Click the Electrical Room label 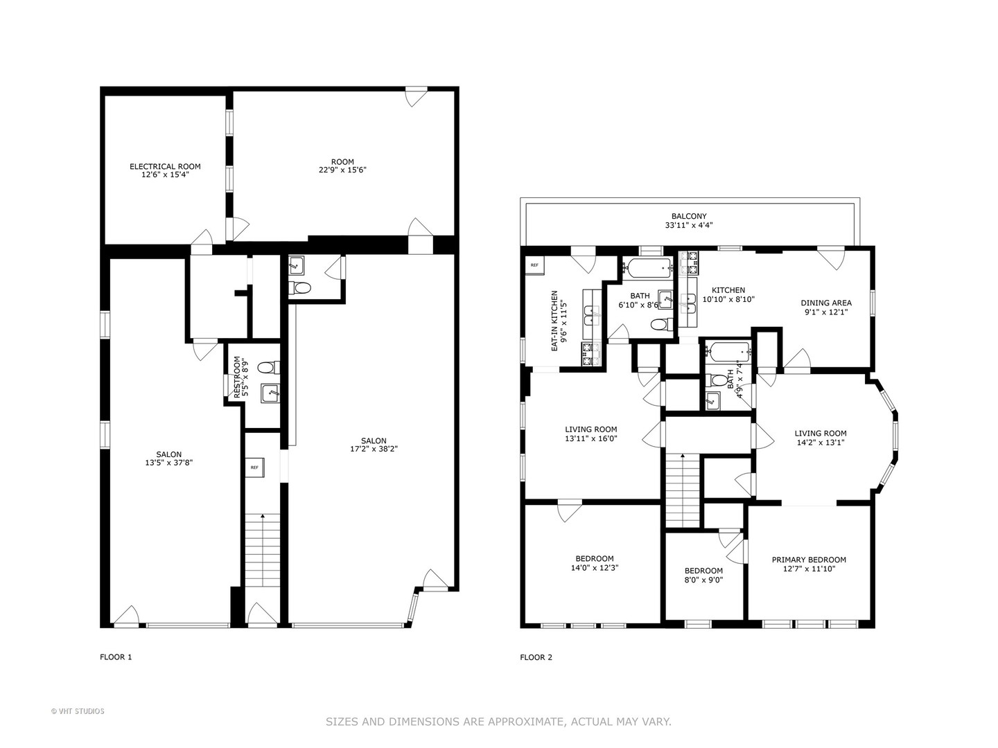[x=165, y=167]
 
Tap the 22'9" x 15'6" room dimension [x=342, y=170]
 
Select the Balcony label [x=690, y=217]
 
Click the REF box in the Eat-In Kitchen [x=534, y=265]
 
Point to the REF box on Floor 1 [x=255, y=467]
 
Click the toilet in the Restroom [x=269, y=367]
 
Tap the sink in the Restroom [x=270, y=393]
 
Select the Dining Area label [x=826, y=303]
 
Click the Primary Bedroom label [x=809, y=560]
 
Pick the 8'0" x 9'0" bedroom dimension [x=704, y=580]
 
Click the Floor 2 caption [x=536, y=657]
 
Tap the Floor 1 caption [x=116, y=657]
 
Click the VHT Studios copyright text [x=78, y=711]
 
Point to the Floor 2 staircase [x=683, y=491]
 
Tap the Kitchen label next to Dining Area [x=728, y=290]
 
